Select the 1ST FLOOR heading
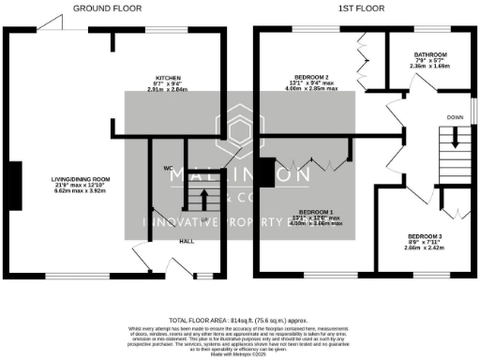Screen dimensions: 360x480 361,8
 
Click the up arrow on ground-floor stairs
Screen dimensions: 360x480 198,198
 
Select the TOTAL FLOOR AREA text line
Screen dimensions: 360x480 240,320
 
